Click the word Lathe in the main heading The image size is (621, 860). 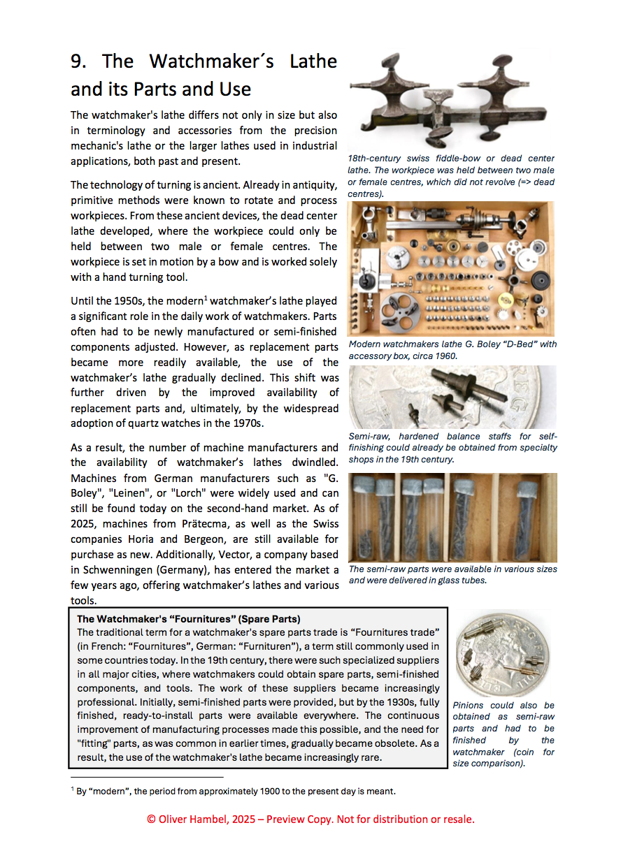[313, 61]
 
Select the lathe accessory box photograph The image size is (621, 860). [451, 268]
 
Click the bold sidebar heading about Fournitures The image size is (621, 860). [189, 619]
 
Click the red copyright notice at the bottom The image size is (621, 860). [310, 819]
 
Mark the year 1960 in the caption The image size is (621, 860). [445, 356]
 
